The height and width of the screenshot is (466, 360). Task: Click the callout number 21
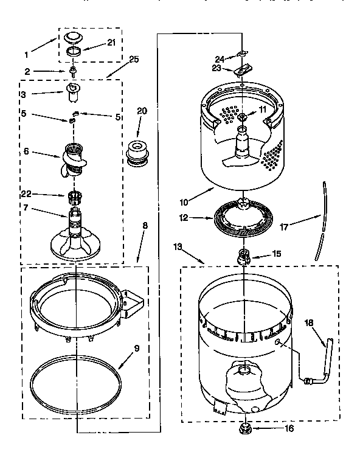(111, 42)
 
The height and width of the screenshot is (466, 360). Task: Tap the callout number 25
(134, 59)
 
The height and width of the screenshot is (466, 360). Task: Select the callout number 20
(142, 111)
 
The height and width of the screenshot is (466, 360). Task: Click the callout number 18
(309, 324)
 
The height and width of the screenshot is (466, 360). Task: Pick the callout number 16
(289, 428)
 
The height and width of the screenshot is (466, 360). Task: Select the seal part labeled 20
(137, 153)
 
